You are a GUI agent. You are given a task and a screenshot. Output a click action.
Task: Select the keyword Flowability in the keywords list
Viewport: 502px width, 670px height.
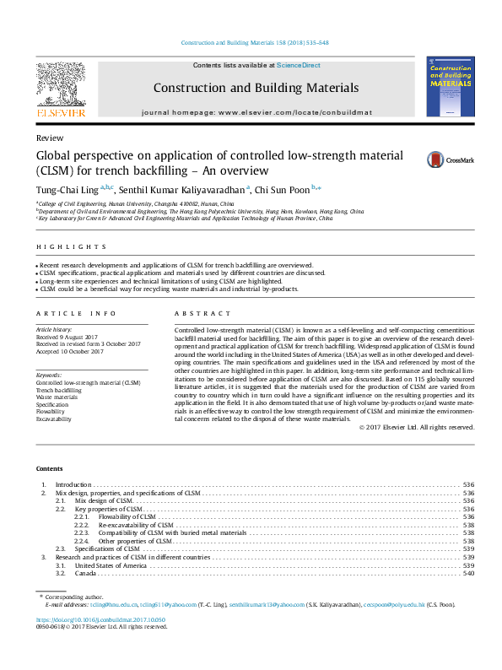pos(51,411)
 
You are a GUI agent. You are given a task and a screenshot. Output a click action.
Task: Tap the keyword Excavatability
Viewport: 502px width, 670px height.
pos(54,419)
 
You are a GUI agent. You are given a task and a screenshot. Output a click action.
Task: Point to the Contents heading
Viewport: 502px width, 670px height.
pos(49,468)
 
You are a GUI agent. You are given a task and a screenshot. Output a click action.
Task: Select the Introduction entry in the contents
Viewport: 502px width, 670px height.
pos(73,484)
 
